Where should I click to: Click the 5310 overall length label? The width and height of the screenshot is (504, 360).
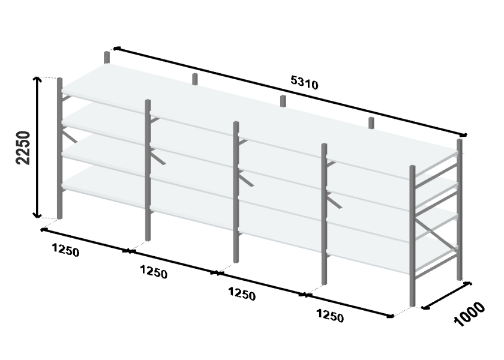304,83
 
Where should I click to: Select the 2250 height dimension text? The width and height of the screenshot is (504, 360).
23,148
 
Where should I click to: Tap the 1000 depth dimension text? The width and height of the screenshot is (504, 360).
469,314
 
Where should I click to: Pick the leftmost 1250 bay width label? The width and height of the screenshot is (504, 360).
65,250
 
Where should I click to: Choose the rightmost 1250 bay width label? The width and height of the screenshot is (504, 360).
330,316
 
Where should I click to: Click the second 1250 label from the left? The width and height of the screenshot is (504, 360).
154,272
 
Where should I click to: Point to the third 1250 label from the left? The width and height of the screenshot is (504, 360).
242,294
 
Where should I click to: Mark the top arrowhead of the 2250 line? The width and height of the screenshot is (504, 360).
38,79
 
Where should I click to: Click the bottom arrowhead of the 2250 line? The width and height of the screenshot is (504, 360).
38,215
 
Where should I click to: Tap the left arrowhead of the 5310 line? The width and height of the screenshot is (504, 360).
116,49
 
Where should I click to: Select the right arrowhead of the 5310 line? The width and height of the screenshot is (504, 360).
463,134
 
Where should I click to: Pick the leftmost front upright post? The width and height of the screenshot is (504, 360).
59,148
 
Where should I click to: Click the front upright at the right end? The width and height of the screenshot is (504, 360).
412,236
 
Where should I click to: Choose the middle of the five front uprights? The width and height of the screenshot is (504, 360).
236,192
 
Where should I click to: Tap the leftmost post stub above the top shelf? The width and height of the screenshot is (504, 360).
107,58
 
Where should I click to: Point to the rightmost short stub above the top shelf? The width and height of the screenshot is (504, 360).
371,123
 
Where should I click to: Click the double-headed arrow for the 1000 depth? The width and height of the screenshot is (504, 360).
446,296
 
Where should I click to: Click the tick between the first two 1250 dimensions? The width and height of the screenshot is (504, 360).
129,251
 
